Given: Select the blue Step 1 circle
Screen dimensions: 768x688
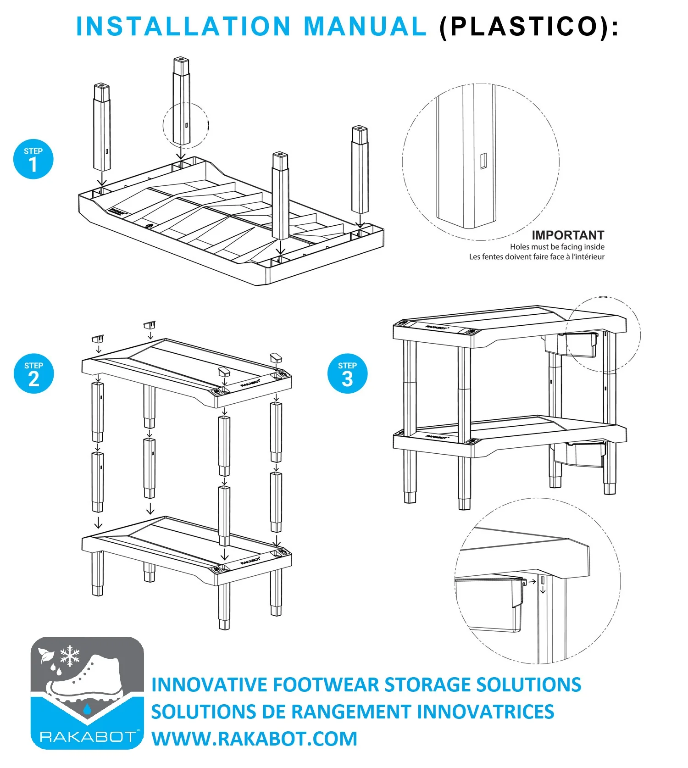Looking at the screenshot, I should point(33,159).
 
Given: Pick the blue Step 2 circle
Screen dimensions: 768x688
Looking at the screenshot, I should point(33,373).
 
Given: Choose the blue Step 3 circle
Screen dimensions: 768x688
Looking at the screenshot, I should point(347,373).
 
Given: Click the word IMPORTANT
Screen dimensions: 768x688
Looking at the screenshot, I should point(567,235).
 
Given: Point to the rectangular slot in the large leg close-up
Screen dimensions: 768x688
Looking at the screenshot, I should point(483,161).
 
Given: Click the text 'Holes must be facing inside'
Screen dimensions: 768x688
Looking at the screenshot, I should point(557,247).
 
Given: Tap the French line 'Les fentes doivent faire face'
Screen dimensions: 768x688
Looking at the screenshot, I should point(536,257).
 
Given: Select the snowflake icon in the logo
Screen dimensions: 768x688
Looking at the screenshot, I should point(70,656).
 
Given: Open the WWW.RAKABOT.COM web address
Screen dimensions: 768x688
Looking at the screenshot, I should point(254,739).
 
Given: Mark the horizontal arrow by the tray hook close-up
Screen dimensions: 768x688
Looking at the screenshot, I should point(532,582).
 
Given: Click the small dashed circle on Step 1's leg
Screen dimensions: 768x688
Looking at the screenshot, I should point(185,125).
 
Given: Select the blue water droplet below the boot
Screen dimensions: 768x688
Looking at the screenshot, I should point(87,709).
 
